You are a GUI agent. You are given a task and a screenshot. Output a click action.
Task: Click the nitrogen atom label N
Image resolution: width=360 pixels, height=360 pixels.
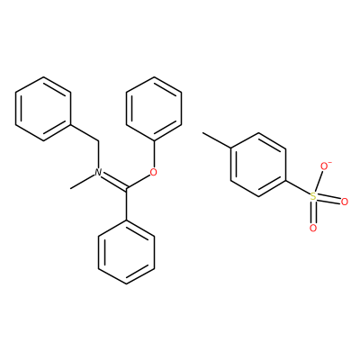(98, 172)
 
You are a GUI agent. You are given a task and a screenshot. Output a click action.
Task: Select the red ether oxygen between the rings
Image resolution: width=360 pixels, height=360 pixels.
(154, 172)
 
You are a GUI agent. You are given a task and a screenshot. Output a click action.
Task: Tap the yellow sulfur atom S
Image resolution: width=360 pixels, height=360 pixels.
(313, 197)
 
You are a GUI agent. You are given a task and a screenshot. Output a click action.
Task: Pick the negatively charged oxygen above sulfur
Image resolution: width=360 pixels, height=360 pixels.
(324, 166)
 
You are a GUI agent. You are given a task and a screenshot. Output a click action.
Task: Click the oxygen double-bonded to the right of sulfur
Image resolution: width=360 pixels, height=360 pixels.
(345, 202)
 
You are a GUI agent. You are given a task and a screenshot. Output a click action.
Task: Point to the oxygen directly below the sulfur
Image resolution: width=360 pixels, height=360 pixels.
(313, 229)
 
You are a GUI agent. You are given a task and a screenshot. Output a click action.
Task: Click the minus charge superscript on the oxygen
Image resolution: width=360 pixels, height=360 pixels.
(329, 162)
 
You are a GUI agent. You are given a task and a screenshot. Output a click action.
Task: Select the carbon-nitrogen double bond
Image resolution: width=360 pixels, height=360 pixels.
(114, 181)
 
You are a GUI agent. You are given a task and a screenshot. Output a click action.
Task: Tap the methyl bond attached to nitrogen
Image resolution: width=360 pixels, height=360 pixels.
(82, 182)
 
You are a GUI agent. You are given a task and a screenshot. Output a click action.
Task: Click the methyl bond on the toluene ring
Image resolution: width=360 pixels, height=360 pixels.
(217, 140)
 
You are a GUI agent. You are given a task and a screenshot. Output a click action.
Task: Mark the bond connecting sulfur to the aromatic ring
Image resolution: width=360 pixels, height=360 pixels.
(297, 188)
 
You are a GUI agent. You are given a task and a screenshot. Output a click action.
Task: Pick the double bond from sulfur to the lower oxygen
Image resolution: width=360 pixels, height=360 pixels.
(313, 212)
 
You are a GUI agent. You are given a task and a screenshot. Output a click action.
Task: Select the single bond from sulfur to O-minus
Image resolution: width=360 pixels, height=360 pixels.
(319, 182)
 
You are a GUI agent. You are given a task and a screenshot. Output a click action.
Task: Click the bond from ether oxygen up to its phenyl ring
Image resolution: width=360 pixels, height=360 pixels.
(154, 154)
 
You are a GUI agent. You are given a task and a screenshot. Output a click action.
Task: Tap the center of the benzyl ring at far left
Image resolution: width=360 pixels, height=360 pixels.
(43, 109)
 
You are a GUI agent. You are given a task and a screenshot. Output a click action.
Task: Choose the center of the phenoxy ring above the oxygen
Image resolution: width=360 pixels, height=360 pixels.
(154, 109)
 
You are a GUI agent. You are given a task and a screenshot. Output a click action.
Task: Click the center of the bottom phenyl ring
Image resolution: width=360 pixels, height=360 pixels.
(127, 252)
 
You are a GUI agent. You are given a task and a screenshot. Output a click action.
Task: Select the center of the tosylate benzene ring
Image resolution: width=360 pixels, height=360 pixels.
(258, 165)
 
